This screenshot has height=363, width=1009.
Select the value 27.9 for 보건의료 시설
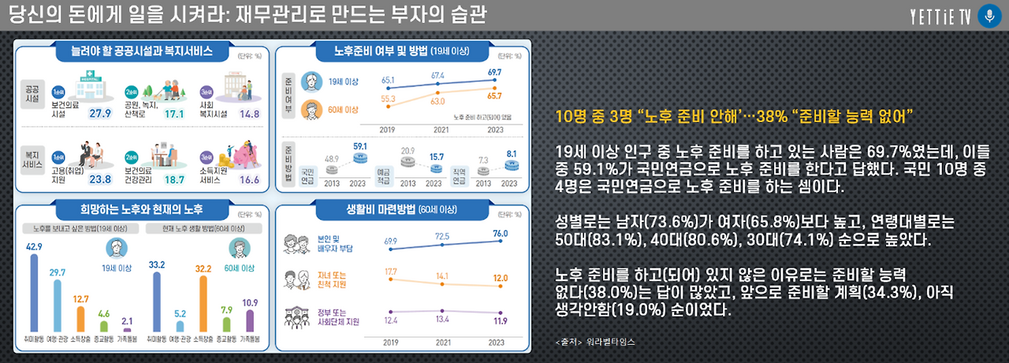tap(100, 113)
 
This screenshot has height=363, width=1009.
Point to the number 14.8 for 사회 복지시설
tap(249, 113)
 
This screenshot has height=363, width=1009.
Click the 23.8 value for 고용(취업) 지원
tap(100, 179)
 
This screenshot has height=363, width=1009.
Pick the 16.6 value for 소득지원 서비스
tap(249, 179)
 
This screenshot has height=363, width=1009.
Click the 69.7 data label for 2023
tap(494, 72)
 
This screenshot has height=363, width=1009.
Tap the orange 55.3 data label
tap(389, 99)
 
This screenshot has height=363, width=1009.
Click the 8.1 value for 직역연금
tap(511, 154)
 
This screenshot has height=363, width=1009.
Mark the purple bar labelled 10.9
tap(251, 320)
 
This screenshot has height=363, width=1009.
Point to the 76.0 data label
tap(500, 233)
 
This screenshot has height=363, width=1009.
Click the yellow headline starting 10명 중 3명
tap(734, 117)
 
